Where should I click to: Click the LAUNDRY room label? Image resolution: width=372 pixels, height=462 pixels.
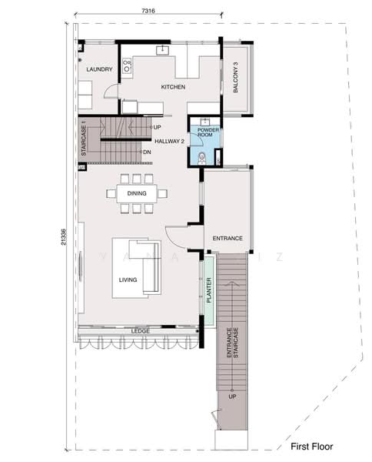pos(99,70)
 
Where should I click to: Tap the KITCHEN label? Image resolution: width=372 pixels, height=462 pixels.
pos(173,88)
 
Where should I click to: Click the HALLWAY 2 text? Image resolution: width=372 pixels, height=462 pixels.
pos(169,142)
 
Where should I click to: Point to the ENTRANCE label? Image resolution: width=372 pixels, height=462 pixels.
pos(228,239)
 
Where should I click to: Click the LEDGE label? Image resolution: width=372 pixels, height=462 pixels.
pos(140,331)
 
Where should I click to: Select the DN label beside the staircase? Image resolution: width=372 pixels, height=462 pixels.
pos(146,152)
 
